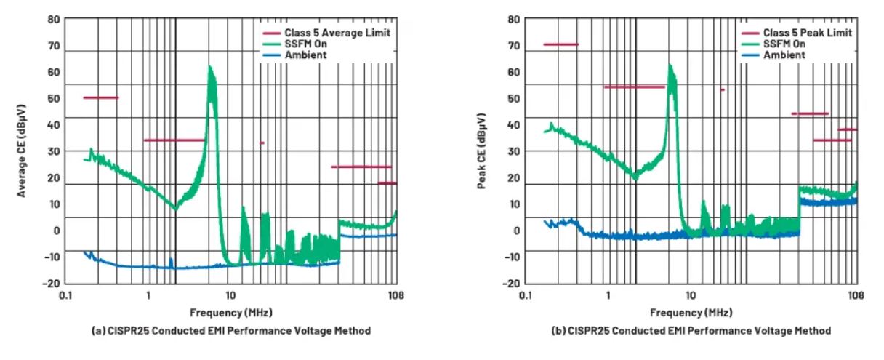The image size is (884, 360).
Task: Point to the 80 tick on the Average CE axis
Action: [52, 19]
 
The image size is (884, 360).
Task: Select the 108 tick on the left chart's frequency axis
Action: [396, 295]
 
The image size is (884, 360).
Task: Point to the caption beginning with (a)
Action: [230, 331]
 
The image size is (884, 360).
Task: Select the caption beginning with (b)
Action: [690, 331]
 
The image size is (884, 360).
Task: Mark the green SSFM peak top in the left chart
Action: [210, 68]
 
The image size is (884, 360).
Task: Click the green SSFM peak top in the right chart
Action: [669, 65]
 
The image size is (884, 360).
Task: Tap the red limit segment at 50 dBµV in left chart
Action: [100, 97]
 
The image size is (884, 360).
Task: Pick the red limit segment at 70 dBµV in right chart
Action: [560, 44]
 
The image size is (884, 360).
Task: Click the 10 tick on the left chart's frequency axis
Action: [230, 295]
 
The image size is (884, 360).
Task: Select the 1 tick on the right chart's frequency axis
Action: [608, 295]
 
